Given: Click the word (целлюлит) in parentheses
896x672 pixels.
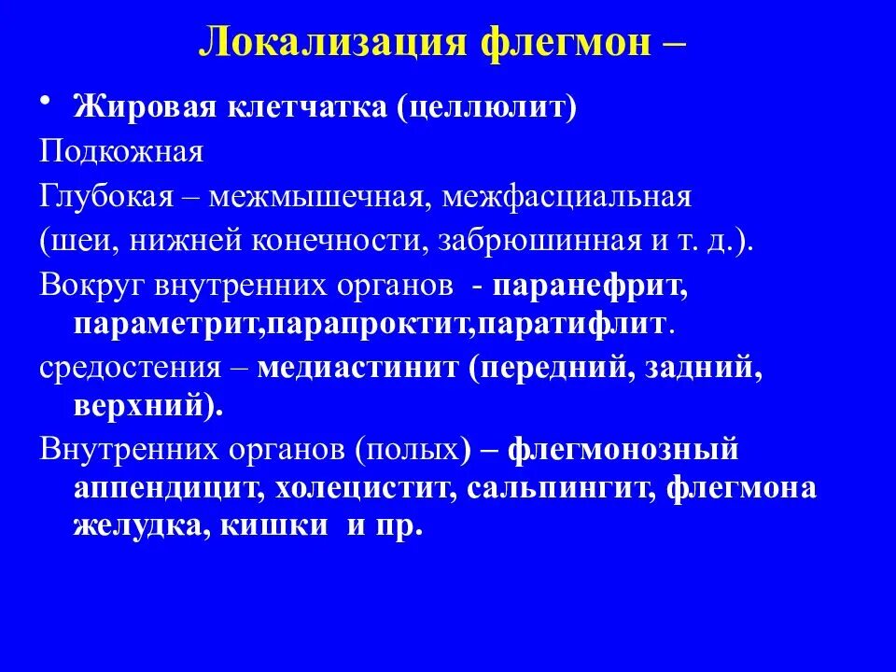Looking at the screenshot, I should pos(488,107).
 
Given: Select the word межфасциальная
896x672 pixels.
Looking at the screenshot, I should pos(567,197).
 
